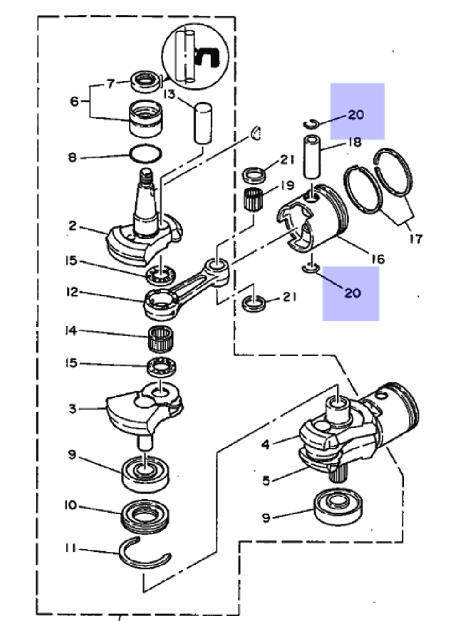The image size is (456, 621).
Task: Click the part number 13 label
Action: pyautogui.click(x=169, y=94)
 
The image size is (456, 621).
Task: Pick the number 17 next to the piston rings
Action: pyautogui.click(x=415, y=238)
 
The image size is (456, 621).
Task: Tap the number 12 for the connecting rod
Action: pyautogui.click(x=72, y=292)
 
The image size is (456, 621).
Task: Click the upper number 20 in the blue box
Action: pyautogui.click(x=356, y=115)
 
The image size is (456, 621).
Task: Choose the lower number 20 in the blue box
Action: pyautogui.click(x=352, y=292)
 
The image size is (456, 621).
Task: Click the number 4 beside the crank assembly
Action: pyautogui.click(x=266, y=444)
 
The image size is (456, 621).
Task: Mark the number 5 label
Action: pyautogui.click(x=266, y=480)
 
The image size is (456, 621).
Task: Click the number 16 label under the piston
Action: pyautogui.click(x=378, y=259)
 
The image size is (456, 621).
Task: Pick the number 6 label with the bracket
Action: pyautogui.click(x=74, y=101)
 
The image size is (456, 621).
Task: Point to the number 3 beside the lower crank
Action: pyautogui.click(x=72, y=409)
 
